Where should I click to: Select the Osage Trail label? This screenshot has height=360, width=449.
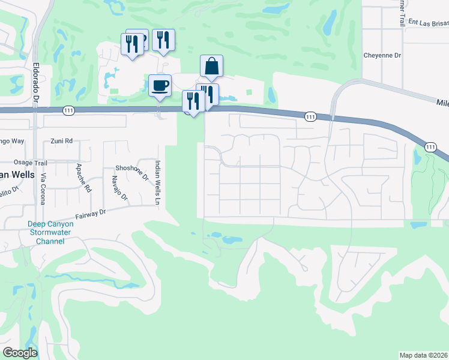[x=31, y=163]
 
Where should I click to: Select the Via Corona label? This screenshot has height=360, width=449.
[x=43, y=188]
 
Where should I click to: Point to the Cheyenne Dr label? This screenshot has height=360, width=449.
[x=382, y=55]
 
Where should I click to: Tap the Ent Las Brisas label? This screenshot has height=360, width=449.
[x=428, y=22]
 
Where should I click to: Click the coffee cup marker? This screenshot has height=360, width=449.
[x=160, y=85]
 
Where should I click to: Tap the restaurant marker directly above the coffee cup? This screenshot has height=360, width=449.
[x=163, y=40]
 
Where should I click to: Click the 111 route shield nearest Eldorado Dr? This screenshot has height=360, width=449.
[x=68, y=110]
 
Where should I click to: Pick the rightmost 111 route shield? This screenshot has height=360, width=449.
[x=430, y=147]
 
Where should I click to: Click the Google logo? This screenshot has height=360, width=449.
[x=20, y=353]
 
